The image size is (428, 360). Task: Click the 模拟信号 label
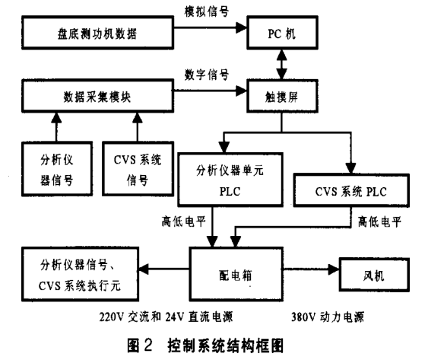(x=206, y=11)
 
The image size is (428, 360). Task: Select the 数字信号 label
(x=206, y=75)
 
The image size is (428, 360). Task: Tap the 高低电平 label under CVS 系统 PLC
(x=379, y=221)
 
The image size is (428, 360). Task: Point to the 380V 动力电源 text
(x=328, y=317)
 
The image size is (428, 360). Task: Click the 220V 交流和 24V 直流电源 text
(x=166, y=317)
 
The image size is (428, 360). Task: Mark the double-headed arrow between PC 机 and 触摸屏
(x=282, y=65)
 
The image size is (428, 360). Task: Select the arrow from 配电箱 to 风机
(x=311, y=269)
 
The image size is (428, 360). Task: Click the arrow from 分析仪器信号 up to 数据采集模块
(x=56, y=127)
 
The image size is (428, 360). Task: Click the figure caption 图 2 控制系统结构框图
(x=205, y=345)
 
